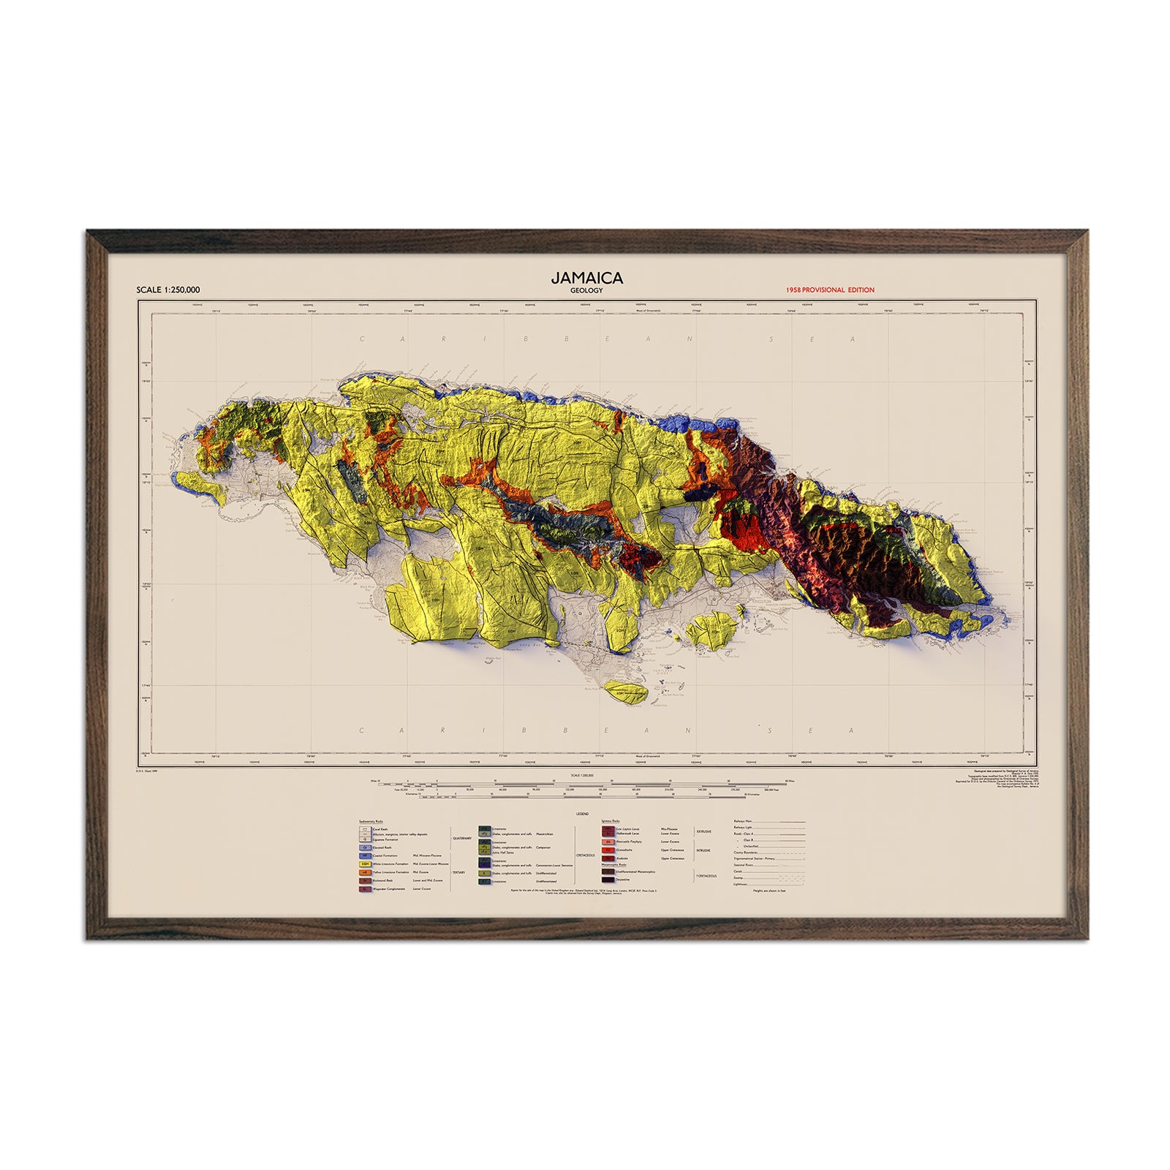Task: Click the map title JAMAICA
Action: pyautogui.click(x=586, y=278)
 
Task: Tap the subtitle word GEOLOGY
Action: pyautogui.click(x=586, y=290)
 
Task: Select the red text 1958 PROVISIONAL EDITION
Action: pyautogui.click(x=830, y=290)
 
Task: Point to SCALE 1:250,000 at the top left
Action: pyautogui.click(x=167, y=290)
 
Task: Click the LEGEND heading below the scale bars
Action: pyautogui.click(x=582, y=814)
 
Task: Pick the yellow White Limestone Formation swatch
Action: pyautogui.click(x=364, y=864)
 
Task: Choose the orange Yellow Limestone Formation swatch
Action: pyautogui.click(x=364, y=872)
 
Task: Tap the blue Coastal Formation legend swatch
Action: pyautogui.click(x=364, y=856)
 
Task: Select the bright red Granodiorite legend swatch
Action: pyautogui.click(x=607, y=850)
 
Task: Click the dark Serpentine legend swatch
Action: pyautogui.click(x=607, y=879)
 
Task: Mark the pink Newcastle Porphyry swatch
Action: pyautogui.click(x=607, y=842)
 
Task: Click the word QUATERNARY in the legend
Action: pyautogui.click(x=462, y=838)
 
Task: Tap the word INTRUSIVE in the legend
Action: pyautogui.click(x=703, y=850)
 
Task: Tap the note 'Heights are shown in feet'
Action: pyautogui.click(x=770, y=891)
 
